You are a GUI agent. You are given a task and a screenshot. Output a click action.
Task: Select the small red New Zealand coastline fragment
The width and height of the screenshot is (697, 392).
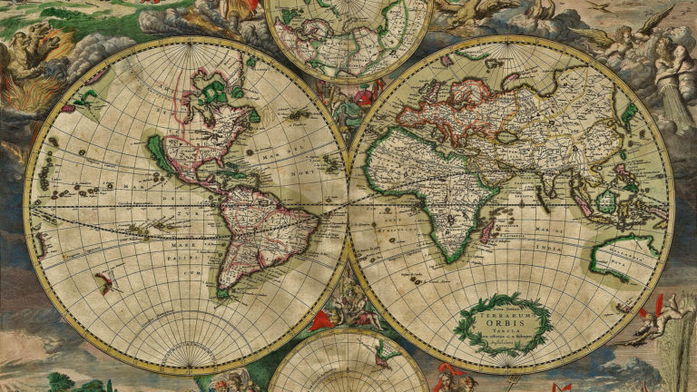click(x=106, y=282)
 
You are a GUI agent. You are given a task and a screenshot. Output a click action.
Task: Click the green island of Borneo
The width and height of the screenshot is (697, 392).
click(x=606, y=201)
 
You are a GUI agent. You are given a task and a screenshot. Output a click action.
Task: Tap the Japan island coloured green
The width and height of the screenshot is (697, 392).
click(x=628, y=114)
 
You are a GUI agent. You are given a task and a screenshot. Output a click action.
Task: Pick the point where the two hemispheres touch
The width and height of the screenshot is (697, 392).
click(x=348, y=205)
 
